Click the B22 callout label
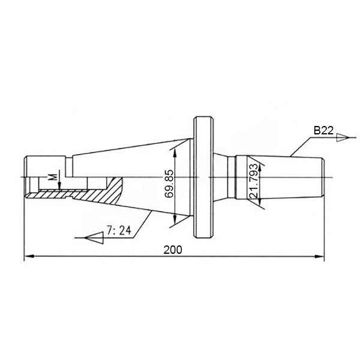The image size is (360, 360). pos(323,130)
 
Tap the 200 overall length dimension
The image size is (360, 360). pos(173,250)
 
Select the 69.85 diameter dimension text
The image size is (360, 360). pos(169,184)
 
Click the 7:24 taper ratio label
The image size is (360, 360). pos(119,230)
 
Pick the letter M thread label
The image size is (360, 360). pos(53,177)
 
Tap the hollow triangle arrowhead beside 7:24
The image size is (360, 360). pos(94,238)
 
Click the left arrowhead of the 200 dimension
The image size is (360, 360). pos(29,256)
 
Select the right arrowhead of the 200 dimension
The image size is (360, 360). pos(319,256)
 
